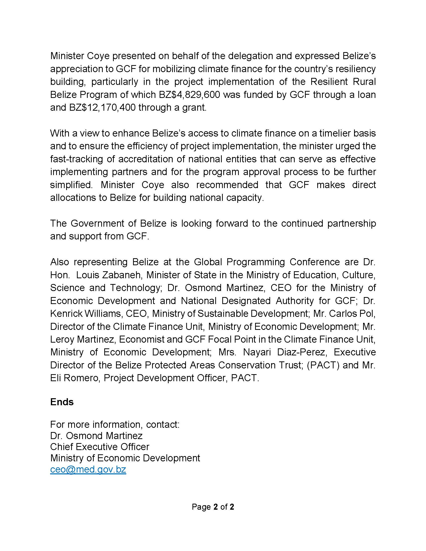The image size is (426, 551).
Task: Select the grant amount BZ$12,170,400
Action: [102, 107]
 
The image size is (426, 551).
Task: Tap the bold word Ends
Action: [62, 402]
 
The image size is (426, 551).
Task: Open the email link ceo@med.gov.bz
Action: [88, 469]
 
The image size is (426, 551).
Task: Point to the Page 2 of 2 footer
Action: [213, 507]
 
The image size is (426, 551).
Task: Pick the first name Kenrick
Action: [66, 313]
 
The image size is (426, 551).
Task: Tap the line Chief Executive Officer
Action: [100, 447]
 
